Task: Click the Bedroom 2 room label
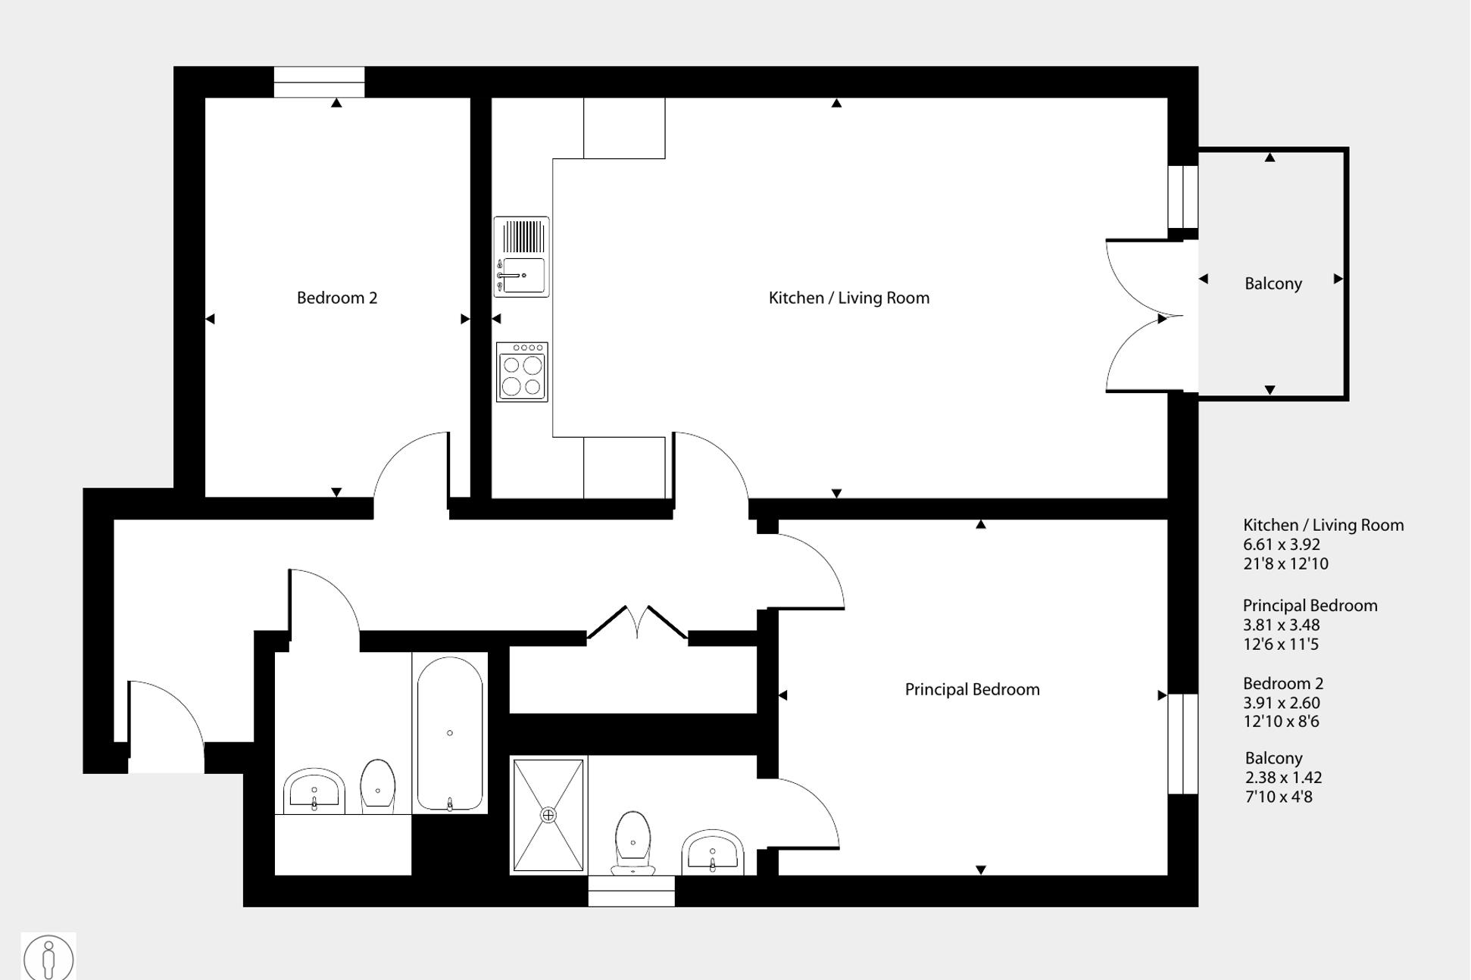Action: click(x=337, y=298)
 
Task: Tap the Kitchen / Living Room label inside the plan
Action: click(x=849, y=298)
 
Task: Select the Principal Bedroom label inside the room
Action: click(x=973, y=689)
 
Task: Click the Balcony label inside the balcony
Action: click(x=1273, y=283)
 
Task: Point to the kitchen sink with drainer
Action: click(x=522, y=257)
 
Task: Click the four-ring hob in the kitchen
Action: click(x=522, y=372)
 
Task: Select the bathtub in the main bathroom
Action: click(x=450, y=734)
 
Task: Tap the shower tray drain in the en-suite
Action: click(x=548, y=815)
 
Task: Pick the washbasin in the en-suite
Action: click(x=713, y=851)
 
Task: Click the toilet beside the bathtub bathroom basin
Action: click(x=377, y=786)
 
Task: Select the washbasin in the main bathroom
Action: click(x=314, y=791)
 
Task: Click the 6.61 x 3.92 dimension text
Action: click(x=1282, y=545)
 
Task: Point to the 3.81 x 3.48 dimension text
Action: click(x=1282, y=625)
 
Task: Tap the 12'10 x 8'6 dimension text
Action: click(x=1282, y=721)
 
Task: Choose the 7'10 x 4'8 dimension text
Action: click(x=1279, y=797)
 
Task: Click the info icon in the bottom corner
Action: click(x=48, y=957)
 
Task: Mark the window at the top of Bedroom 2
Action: click(x=319, y=82)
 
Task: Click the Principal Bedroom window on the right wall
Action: click(x=1182, y=744)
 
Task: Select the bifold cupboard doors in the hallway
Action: click(x=637, y=623)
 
